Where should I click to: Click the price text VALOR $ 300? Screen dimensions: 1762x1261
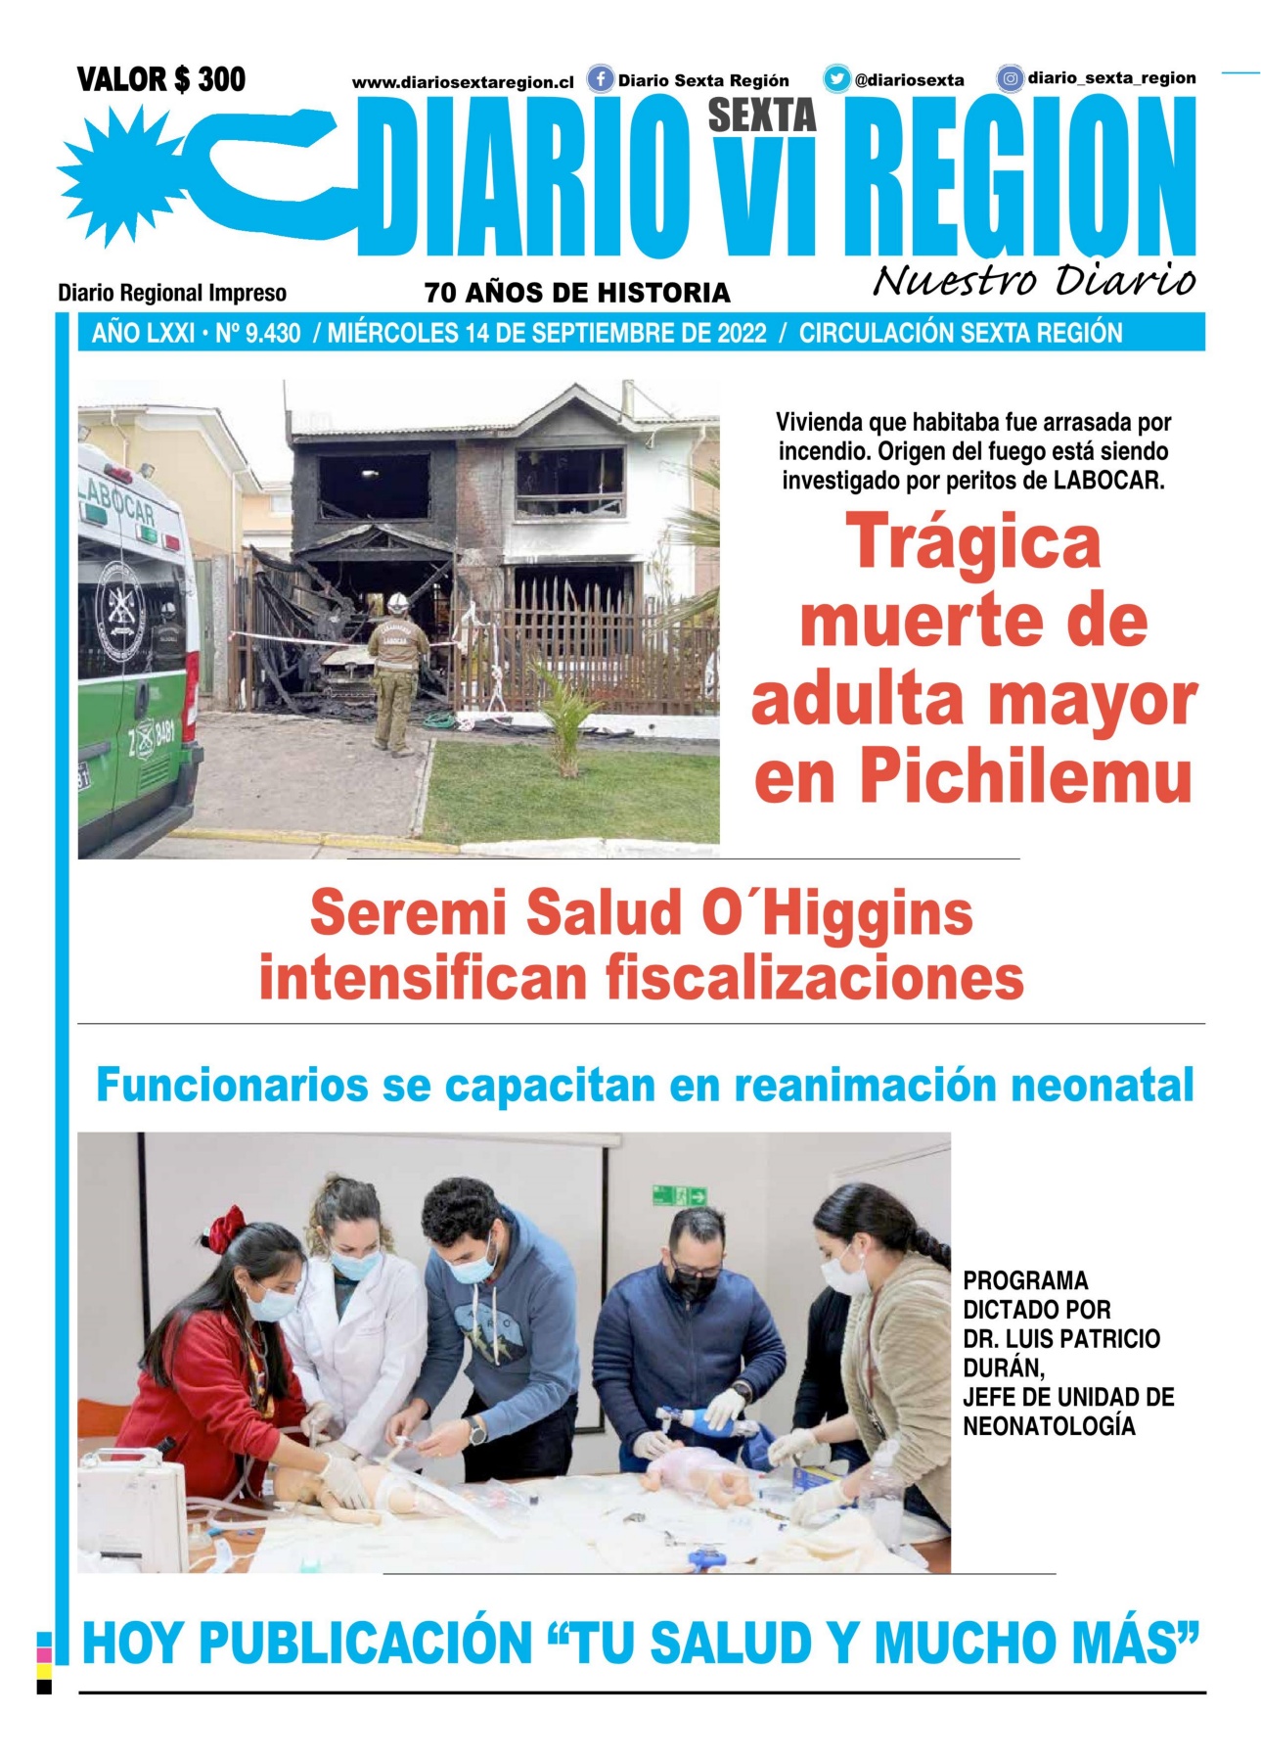pyautogui.click(x=161, y=79)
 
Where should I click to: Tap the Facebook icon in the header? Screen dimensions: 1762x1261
pyautogui.click(x=600, y=79)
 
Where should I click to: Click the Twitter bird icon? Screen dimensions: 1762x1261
pyautogui.click(x=836, y=79)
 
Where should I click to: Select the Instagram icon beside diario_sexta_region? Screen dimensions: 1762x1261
pyautogui.click(x=1010, y=78)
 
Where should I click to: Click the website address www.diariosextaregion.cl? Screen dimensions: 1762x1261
pyautogui.click(x=463, y=83)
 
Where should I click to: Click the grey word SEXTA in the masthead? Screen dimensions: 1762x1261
pyautogui.click(x=761, y=116)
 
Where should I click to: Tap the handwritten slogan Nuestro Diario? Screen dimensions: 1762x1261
pyautogui.click(x=1033, y=281)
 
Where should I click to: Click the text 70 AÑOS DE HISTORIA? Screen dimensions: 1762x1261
pyautogui.click(x=577, y=293)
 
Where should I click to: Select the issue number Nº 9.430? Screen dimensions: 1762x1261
pyautogui.click(x=258, y=334)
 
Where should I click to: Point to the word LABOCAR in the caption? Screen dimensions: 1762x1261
pyautogui.click(x=1108, y=481)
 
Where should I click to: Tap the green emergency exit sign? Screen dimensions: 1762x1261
pyautogui.click(x=679, y=1195)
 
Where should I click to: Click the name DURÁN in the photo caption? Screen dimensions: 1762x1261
pyautogui.click(x=1003, y=1368)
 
